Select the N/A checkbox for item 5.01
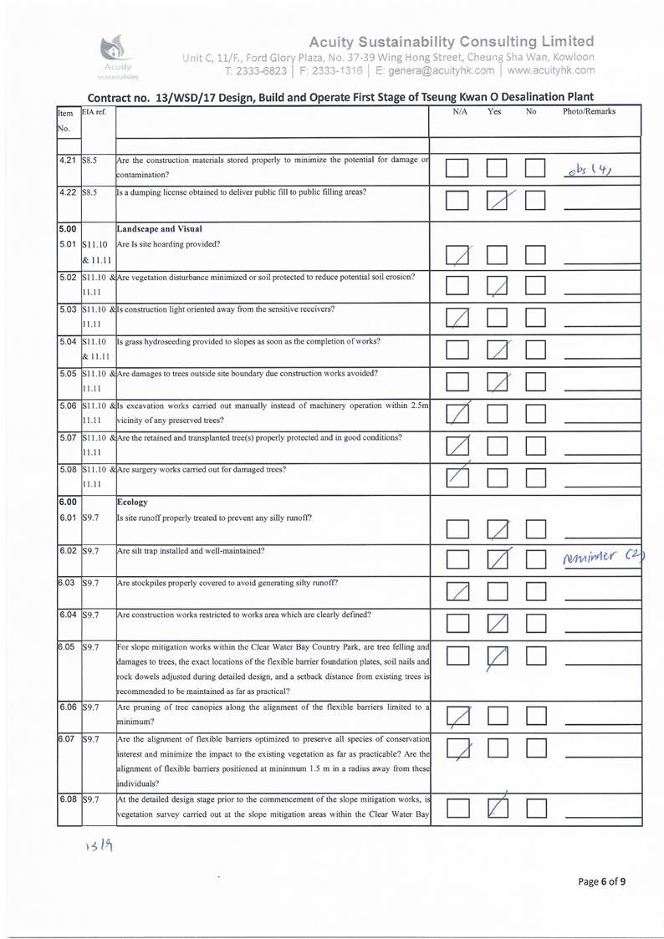[457, 254]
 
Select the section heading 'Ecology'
[132, 503]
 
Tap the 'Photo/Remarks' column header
[589, 111]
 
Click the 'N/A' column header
[459, 111]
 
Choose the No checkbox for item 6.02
[535, 559]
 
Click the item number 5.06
[69, 406]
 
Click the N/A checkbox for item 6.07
[458, 753]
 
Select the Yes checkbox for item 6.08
[498, 808]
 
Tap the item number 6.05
[69, 646]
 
